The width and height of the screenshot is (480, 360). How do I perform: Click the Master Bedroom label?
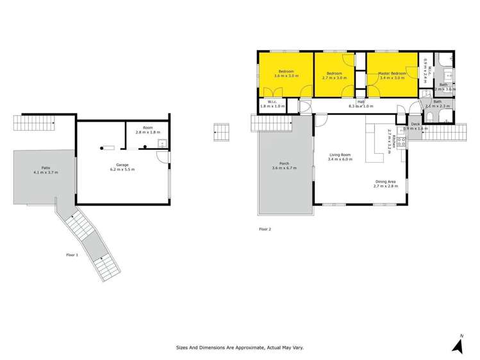[x=391, y=73]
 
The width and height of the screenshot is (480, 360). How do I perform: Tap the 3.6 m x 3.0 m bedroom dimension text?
[x=286, y=76]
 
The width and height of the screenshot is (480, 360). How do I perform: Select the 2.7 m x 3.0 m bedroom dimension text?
[x=335, y=78]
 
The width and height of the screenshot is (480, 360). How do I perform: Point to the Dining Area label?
[x=385, y=182]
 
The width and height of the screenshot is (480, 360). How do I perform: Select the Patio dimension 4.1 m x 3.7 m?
[x=46, y=172]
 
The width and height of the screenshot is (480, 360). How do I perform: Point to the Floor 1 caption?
[x=72, y=255]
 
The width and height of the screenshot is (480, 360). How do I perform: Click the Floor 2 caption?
[x=265, y=229]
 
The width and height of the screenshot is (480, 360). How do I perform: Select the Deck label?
[x=415, y=124]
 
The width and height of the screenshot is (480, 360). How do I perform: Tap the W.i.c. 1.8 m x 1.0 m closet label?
[x=268, y=104]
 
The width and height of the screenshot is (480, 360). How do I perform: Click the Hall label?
[x=361, y=102]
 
